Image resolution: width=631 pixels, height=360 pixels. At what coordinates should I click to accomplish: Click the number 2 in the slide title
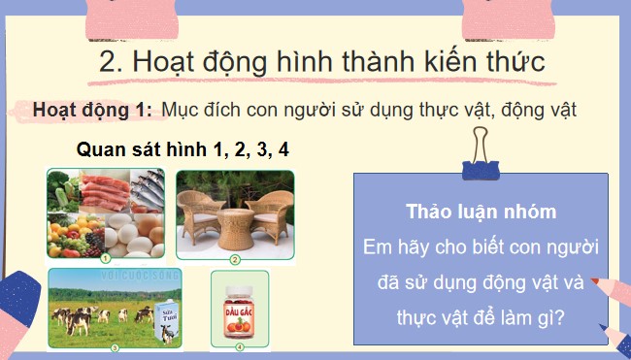coord(109,62)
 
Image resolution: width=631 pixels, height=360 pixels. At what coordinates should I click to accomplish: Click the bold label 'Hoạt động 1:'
coord(92,110)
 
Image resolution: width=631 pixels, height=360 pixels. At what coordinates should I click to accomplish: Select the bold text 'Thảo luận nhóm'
coord(481,212)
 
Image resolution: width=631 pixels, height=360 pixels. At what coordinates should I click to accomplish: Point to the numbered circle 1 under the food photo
coord(106,258)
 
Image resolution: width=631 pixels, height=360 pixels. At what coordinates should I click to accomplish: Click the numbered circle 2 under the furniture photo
coord(235,259)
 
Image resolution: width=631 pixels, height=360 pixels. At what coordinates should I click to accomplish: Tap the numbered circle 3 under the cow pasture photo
coord(114,346)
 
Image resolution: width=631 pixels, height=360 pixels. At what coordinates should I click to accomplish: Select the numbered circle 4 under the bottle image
coord(239,344)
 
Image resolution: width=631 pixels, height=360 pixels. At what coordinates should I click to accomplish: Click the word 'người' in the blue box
coord(562,246)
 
